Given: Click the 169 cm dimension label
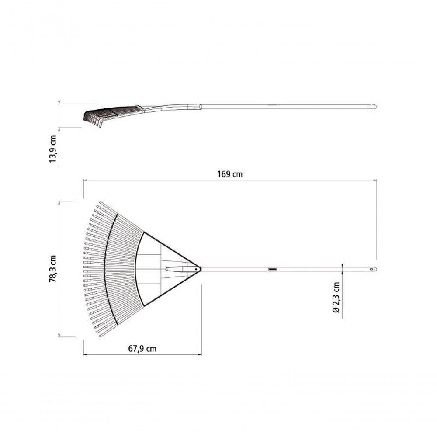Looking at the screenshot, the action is click(230, 174).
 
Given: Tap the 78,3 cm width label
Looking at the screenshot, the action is click(53, 268).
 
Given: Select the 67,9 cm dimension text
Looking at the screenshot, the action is click(142, 348).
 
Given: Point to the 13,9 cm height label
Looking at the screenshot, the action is click(53, 149).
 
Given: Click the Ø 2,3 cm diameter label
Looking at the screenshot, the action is click(336, 297).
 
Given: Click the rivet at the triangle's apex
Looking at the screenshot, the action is click(196, 269).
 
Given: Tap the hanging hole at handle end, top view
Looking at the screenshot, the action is click(371, 269).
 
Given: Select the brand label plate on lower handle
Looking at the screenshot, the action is click(272, 269).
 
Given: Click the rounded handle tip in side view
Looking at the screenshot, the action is click(375, 107).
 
